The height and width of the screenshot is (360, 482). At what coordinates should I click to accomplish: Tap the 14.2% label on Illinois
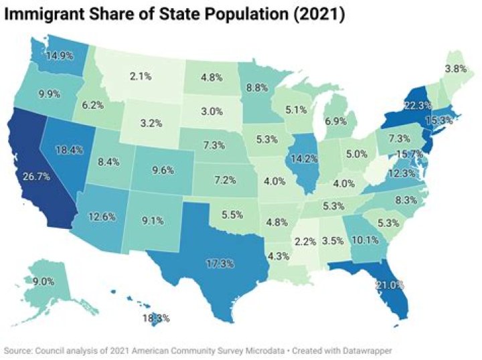[x=302, y=159]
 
